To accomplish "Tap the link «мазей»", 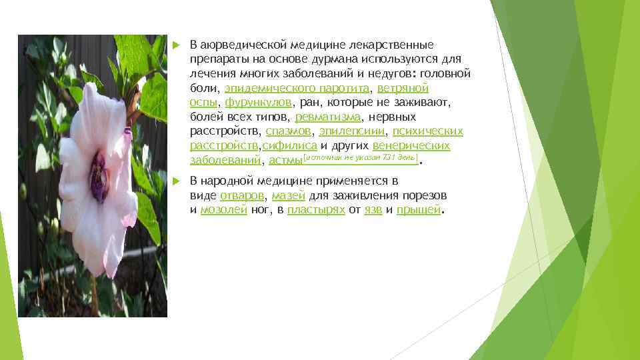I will point(289,195).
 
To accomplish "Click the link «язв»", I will point(373,210).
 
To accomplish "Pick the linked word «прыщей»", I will point(419,210).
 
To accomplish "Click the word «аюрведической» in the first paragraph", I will point(243,45).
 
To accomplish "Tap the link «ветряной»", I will point(402,88).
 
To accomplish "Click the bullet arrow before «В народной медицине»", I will point(175,181).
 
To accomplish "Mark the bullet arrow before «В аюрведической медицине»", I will point(175,45).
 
